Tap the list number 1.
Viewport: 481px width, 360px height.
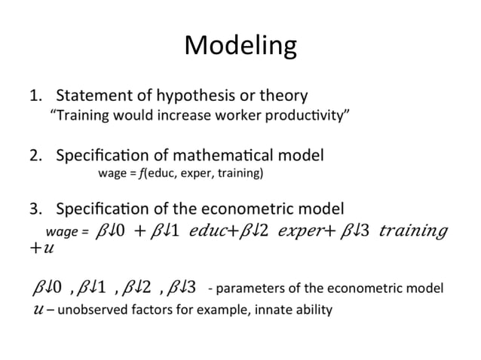(34, 96)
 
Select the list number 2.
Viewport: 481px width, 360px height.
(35, 156)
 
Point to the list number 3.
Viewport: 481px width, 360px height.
(35, 209)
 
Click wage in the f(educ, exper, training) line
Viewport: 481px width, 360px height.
(112, 174)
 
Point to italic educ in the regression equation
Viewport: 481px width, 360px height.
(214, 230)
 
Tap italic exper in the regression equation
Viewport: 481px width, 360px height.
(302, 230)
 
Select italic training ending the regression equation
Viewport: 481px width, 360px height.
(413, 230)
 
